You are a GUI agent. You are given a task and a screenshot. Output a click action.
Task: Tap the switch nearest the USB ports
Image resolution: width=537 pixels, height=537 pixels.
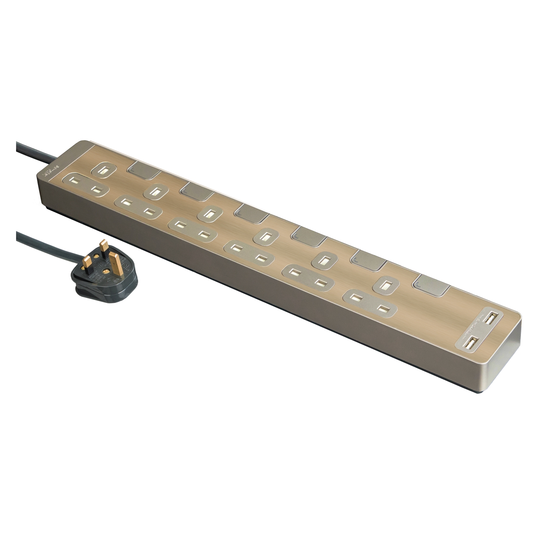click(431, 285)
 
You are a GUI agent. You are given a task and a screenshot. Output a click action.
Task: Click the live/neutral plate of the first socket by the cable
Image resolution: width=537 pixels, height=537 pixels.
click(86, 185)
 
